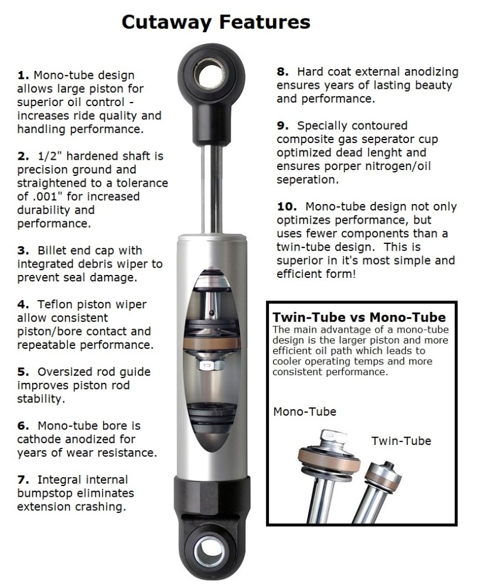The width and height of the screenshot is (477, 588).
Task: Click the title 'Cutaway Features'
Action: (x=216, y=22)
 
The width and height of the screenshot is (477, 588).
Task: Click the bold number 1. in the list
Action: (x=23, y=75)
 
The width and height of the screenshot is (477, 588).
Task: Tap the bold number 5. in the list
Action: (x=23, y=372)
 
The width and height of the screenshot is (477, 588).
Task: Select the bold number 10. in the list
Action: (x=287, y=207)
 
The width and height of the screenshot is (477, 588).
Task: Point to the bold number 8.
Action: (x=283, y=72)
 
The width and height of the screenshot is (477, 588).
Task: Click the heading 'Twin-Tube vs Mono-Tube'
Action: (x=359, y=317)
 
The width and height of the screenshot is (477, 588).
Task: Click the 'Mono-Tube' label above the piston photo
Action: (x=304, y=411)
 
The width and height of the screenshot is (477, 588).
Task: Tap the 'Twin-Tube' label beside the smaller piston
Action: (x=401, y=441)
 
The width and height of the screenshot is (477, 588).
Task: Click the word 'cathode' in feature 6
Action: (x=38, y=440)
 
